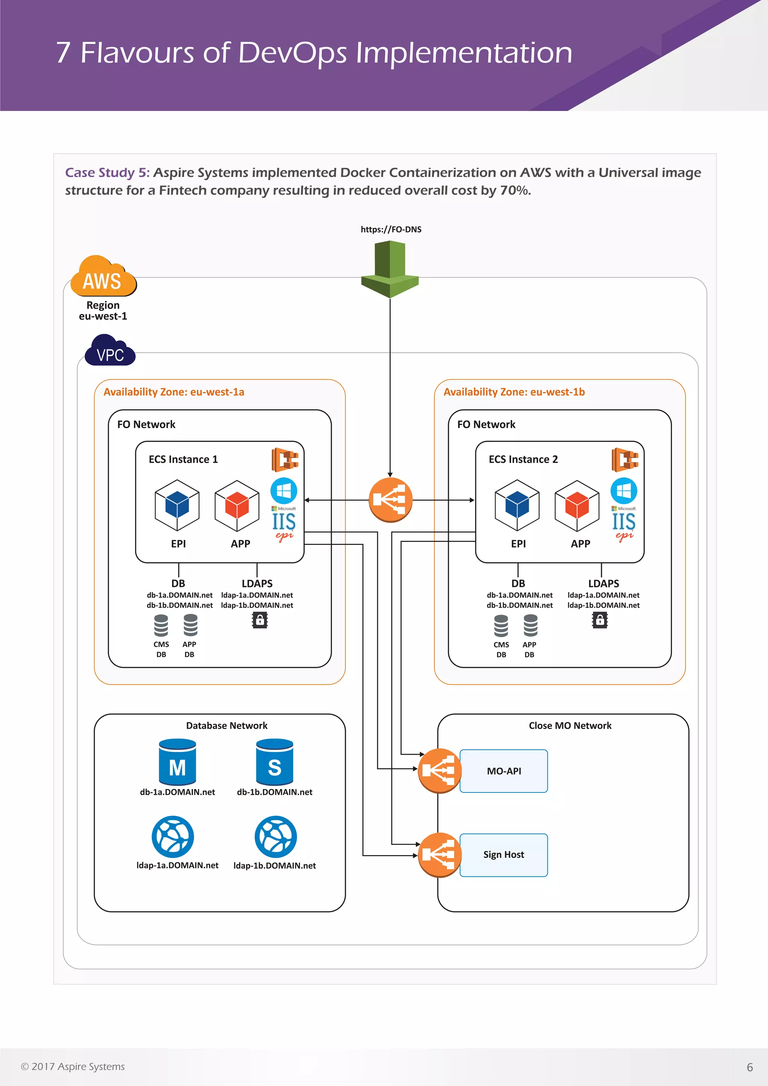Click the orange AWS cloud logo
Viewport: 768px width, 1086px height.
click(103, 277)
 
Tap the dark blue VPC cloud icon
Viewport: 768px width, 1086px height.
click(110, 351)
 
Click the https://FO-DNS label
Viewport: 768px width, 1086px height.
click(391, 229)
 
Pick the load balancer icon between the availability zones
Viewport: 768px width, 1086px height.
click(390, 499)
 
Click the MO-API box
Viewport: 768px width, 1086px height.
click(504, 771)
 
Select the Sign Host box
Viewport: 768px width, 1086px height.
click(504, 855)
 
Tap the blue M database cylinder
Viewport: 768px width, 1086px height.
click(177, 762)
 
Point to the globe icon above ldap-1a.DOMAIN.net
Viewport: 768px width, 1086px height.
click(172, 836)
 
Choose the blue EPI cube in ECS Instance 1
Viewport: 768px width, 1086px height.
click(177, 505)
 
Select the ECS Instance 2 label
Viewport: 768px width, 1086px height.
click(523, 459)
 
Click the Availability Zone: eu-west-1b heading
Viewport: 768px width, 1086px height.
click(514, 392)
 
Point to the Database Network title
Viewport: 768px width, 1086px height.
click(226, 726)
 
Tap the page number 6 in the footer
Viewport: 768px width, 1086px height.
click(750, 1067)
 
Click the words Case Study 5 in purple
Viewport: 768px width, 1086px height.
click(107, 172)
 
